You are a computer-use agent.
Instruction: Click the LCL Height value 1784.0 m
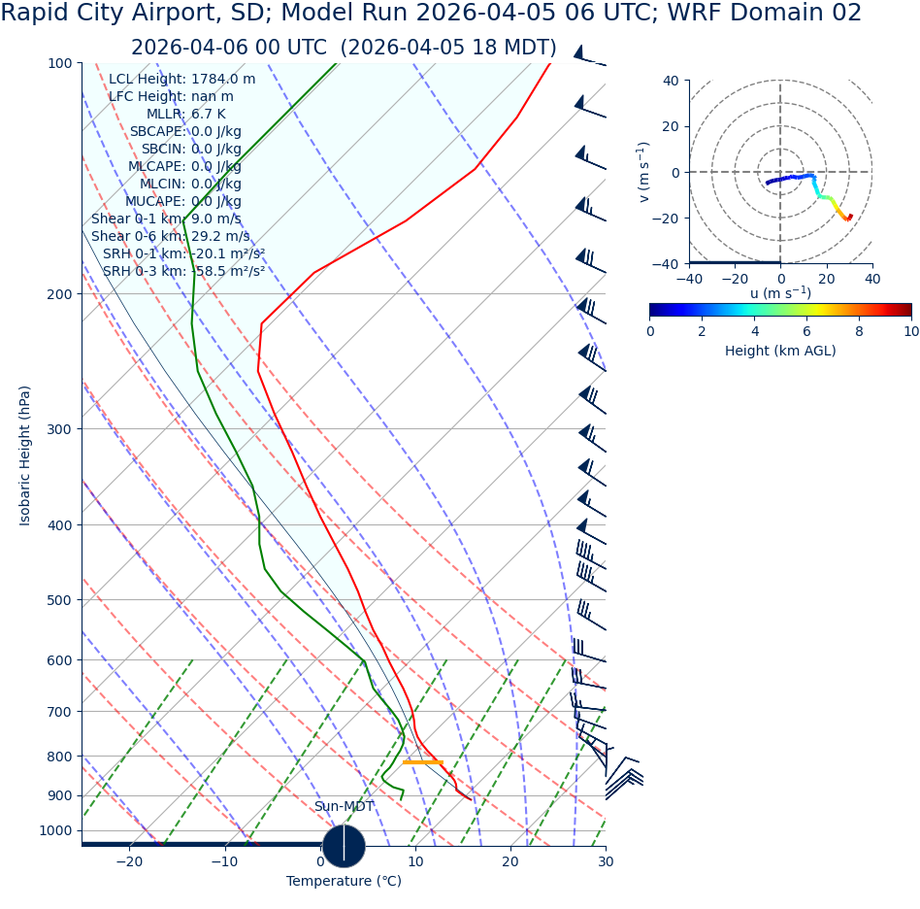coord(223,80)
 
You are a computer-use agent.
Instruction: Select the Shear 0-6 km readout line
coord(170,236)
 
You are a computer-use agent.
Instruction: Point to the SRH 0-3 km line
coord(183,271)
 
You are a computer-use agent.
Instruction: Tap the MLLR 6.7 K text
coord(185,114)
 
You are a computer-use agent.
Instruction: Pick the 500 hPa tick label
coord(60,600)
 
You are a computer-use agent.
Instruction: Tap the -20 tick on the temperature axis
coord(129,861)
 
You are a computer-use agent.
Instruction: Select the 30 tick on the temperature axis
coord(606,861)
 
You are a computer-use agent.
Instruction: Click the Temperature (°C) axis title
coord(344,881)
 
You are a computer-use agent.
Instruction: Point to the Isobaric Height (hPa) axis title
coord(25,455)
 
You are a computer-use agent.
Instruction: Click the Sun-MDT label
coord(344,807)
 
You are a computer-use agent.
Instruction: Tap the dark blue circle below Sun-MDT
coord(344,846)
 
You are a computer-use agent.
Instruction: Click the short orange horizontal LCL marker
coord(422,762)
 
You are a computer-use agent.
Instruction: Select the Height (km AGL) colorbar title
coord(780,351)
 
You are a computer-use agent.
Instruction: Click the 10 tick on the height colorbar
coord(910,331)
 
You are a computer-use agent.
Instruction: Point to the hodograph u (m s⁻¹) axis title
coord(780,293)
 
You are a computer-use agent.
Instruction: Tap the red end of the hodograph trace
coord(850,217)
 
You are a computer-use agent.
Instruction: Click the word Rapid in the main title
coord(38,14)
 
